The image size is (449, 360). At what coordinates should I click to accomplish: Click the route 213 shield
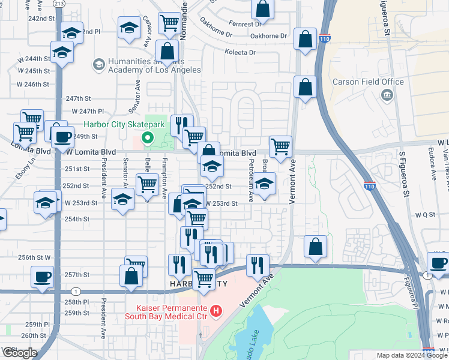click(x=58, y=4)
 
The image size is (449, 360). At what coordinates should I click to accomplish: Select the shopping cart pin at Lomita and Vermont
click(x=280, y=146)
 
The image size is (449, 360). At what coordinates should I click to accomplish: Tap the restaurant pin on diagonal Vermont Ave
click(x=258, y=265)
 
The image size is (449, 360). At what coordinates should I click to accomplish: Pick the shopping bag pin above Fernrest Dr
click(x=262, y=8)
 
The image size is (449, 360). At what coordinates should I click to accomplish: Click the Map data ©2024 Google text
click(x=412, y=355)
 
